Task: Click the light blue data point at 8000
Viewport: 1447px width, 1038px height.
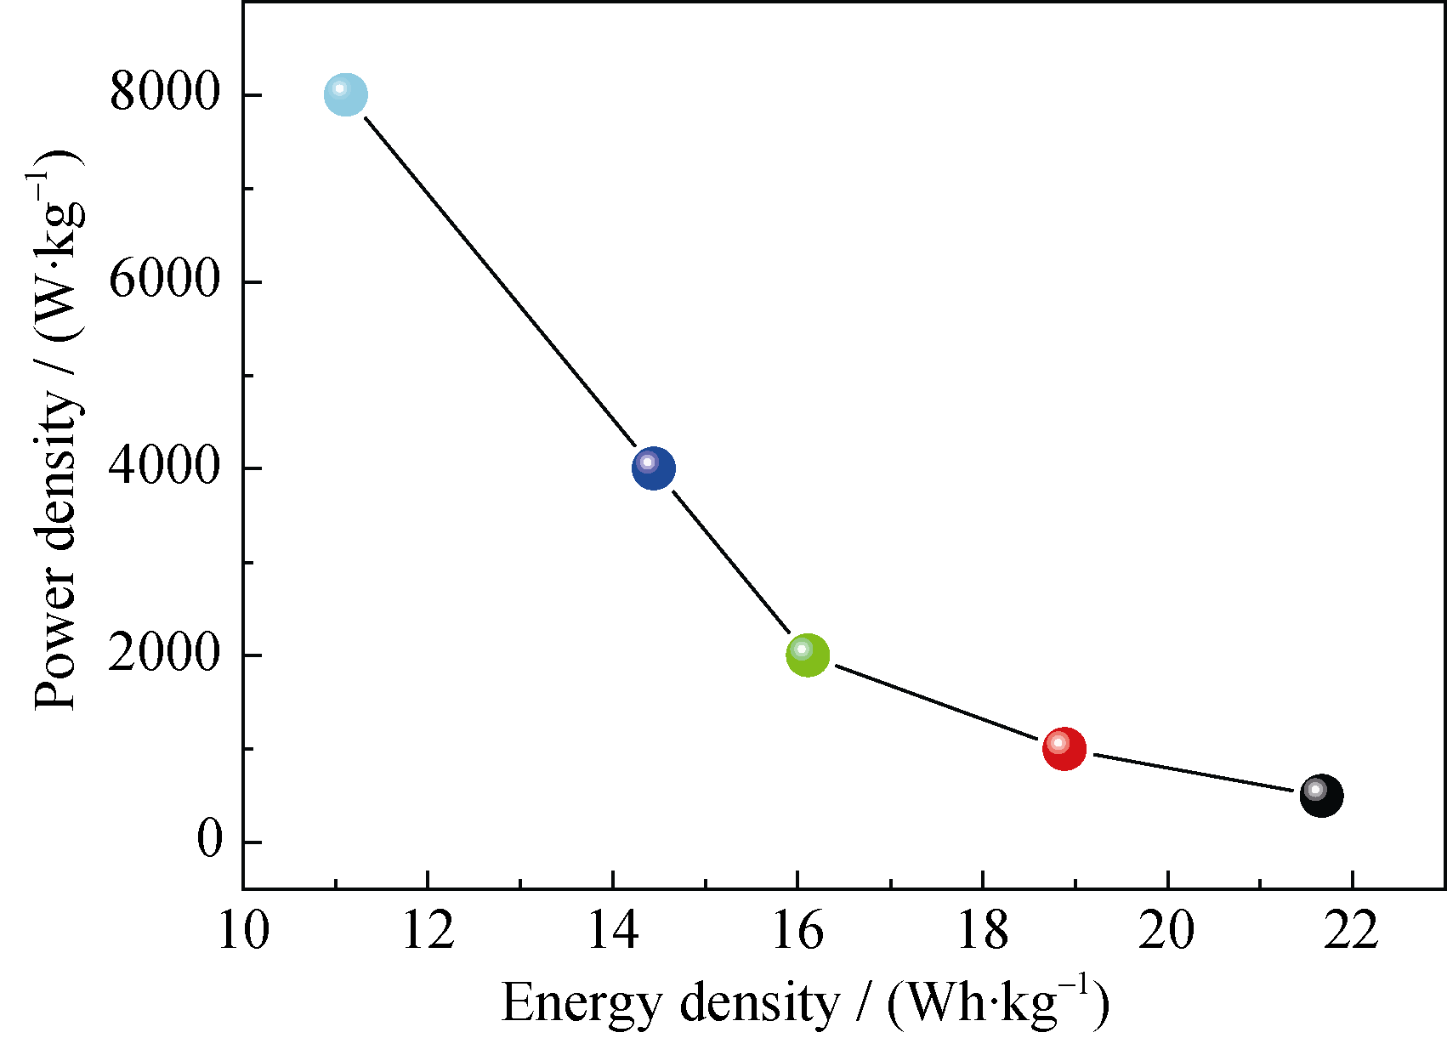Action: click(346, 94)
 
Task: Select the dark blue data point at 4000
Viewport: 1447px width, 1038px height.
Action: click(654, 468)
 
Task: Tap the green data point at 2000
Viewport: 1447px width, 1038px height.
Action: click(808, 655)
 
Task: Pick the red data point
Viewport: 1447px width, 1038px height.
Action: click(1064, 749)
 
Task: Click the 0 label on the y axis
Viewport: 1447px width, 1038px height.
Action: click(209, 840)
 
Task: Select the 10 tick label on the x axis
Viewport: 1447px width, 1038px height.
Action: click(243, 930)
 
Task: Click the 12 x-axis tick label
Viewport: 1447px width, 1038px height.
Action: click(428, 930)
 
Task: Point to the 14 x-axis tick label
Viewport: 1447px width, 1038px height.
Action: click(613, 930)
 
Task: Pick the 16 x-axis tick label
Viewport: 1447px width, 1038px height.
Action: click(797, 930)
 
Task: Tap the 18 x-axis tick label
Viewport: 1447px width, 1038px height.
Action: click(983, 930)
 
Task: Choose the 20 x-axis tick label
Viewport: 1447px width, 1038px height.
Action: click(1167, 930)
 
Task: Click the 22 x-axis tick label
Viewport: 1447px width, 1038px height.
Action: click(1352, 930)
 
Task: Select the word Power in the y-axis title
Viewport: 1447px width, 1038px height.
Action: click(56, 655)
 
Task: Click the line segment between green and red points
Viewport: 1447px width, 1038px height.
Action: click(935, 702)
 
